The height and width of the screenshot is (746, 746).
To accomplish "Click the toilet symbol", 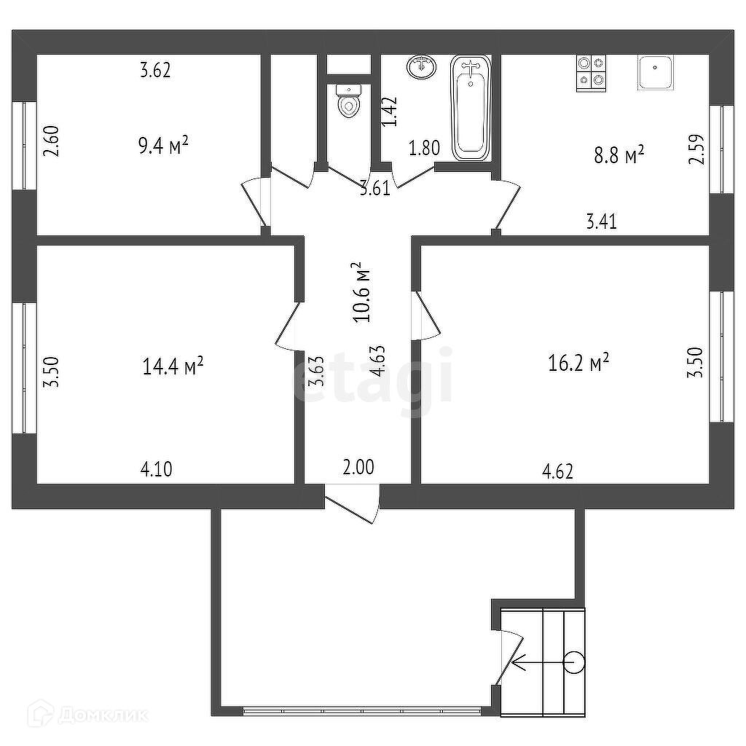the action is click(349, 103).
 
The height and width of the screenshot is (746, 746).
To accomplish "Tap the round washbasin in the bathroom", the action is click(422, 67).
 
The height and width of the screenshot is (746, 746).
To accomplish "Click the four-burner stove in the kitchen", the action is click(592, 72).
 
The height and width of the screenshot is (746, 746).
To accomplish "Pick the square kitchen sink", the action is click(656, 72).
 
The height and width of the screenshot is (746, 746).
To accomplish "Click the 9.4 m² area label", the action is click(163, 146).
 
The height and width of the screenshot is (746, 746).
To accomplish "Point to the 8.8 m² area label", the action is click(619, 155).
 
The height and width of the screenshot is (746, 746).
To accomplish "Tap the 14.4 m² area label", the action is click(173, 366).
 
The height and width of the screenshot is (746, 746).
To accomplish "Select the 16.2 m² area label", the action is click(578, 362).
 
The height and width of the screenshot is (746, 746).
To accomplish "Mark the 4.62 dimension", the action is click(558, 471).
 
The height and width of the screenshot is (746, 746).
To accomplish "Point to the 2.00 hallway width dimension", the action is click(358, 467).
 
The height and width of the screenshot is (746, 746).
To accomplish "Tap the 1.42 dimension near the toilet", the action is click(391, 112).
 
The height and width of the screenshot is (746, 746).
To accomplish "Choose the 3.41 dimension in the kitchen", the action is click(602, 221).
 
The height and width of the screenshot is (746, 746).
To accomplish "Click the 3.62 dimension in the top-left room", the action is click(155, 71).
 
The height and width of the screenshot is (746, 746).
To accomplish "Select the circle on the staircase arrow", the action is click(574, 662).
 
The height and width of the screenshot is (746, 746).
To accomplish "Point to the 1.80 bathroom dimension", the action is click(424, 148).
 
